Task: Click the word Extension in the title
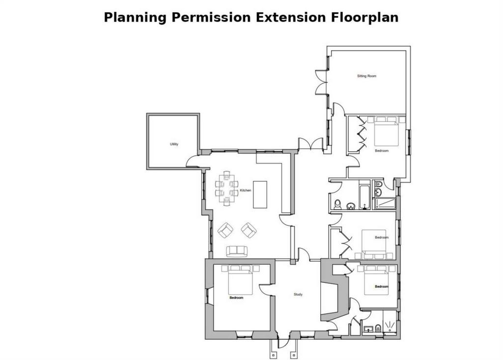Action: point(291,17)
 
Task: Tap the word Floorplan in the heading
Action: point(365,18)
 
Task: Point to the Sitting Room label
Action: point(366,76)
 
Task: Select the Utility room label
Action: point(174,144)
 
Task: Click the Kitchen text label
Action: point(246,190)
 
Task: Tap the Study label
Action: point(298,294)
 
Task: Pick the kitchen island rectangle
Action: point(260,194)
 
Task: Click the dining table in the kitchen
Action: point(227,188)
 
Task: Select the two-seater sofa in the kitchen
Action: point(237,251)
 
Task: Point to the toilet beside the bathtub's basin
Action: point(337,204)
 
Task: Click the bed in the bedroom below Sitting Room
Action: point(387,132)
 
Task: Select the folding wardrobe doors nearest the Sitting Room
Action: point(362,133)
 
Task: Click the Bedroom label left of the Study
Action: point(236,298)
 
